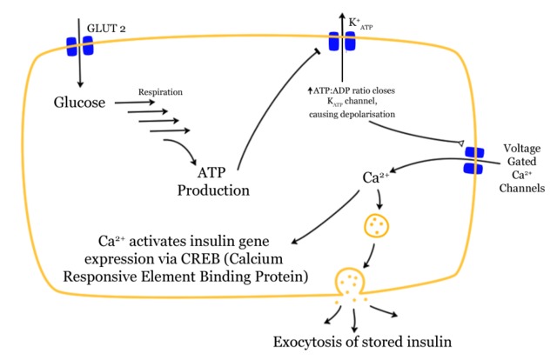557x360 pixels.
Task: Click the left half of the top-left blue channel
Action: [x=72, y=46]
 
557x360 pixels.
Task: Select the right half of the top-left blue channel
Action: [x=88, y=45]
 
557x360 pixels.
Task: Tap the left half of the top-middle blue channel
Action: [x=334, y=41]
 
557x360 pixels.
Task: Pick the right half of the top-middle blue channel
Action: [x=350, y=41]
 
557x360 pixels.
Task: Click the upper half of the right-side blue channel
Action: [x=474, y=152]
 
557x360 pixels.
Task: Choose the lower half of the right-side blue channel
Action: [x=473, y=168]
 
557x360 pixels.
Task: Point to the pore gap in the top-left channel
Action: [x=80, y=45]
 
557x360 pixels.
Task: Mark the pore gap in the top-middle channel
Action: [x=342, y=41]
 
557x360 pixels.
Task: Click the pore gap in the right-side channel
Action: [x=474, y=160]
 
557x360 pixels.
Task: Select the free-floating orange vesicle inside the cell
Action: [x=376, y=225]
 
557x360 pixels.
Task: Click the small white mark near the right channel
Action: [x=461, y=143]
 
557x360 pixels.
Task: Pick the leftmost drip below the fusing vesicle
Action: [x=337, y=302]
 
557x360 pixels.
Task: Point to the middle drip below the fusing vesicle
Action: [x=353, y=300]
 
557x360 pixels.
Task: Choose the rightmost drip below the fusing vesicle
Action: [x=366, y=298]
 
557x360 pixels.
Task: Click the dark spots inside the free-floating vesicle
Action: [x=376, y=224]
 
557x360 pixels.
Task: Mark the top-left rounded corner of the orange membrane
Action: [x=37, y=59]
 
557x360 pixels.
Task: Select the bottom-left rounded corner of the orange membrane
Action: [x=52, y=285]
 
